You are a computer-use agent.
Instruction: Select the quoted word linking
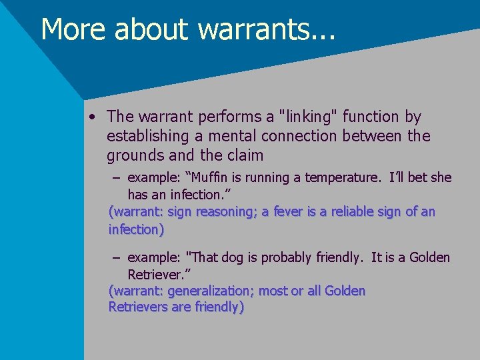click(x=311, y=117)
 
